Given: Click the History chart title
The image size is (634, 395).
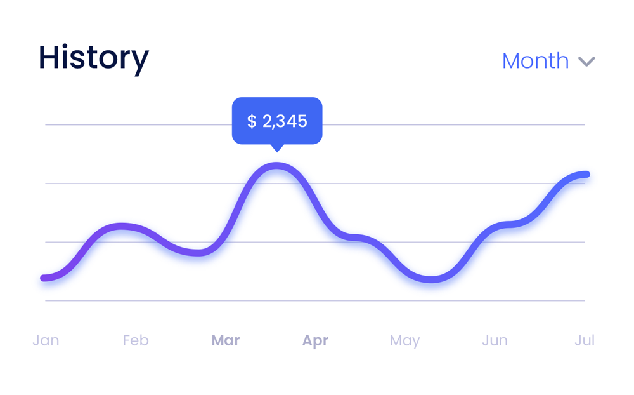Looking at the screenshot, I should tap(93, 58).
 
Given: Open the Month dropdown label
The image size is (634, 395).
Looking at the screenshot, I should tap(535, 61).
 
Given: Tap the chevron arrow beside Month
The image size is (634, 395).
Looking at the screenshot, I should tap(586, 62).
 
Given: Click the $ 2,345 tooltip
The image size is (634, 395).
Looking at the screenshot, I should tap(277, 121).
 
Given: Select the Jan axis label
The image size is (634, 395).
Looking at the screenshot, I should tap(46, 340).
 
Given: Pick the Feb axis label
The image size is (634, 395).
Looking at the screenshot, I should tap(136, 340).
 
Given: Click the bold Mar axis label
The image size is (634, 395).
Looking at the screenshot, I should tap(226, 340).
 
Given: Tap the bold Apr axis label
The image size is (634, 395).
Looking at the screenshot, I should tap(315, 340).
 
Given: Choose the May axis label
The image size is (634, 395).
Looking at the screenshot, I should tap(404, 340).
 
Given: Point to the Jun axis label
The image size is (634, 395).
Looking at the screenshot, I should tap(495, 340).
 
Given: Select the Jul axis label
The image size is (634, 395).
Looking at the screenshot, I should tap(585, 340).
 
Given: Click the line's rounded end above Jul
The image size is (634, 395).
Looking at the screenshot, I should tap(586, 175).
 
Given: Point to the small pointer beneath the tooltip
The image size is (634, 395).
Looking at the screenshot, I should tap(276, 148).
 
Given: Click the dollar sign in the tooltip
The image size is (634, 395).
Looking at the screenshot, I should tap(252, 121).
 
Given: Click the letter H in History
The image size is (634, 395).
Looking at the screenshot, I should tap(49, 58).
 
